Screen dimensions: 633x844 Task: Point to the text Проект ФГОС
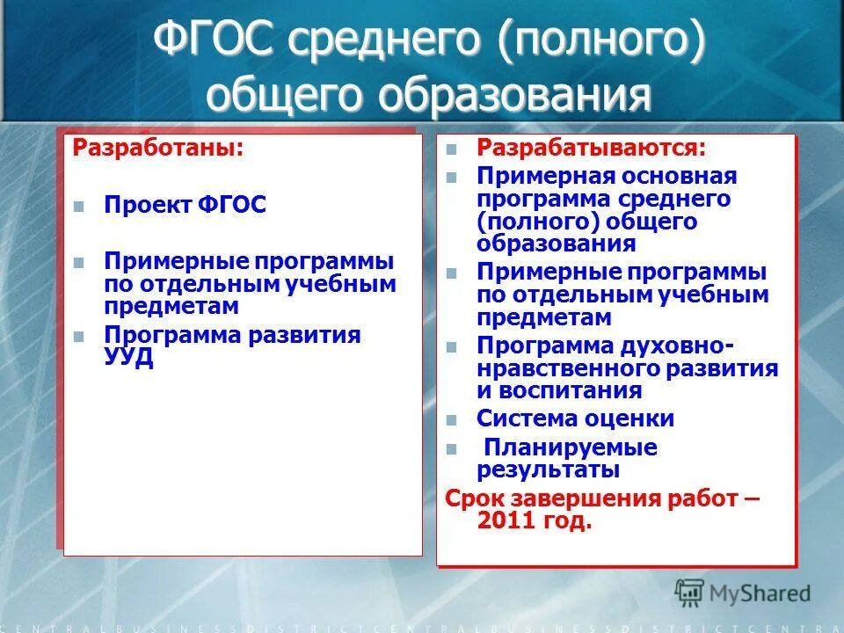click(185, 205)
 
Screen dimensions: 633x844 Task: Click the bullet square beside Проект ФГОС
click(79, 206)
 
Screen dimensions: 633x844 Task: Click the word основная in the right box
click(676, 176)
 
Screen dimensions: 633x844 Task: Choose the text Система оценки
click(575, 418)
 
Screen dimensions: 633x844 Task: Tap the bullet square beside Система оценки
click(452, 418)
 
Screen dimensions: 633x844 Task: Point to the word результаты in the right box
click(549, 469)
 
